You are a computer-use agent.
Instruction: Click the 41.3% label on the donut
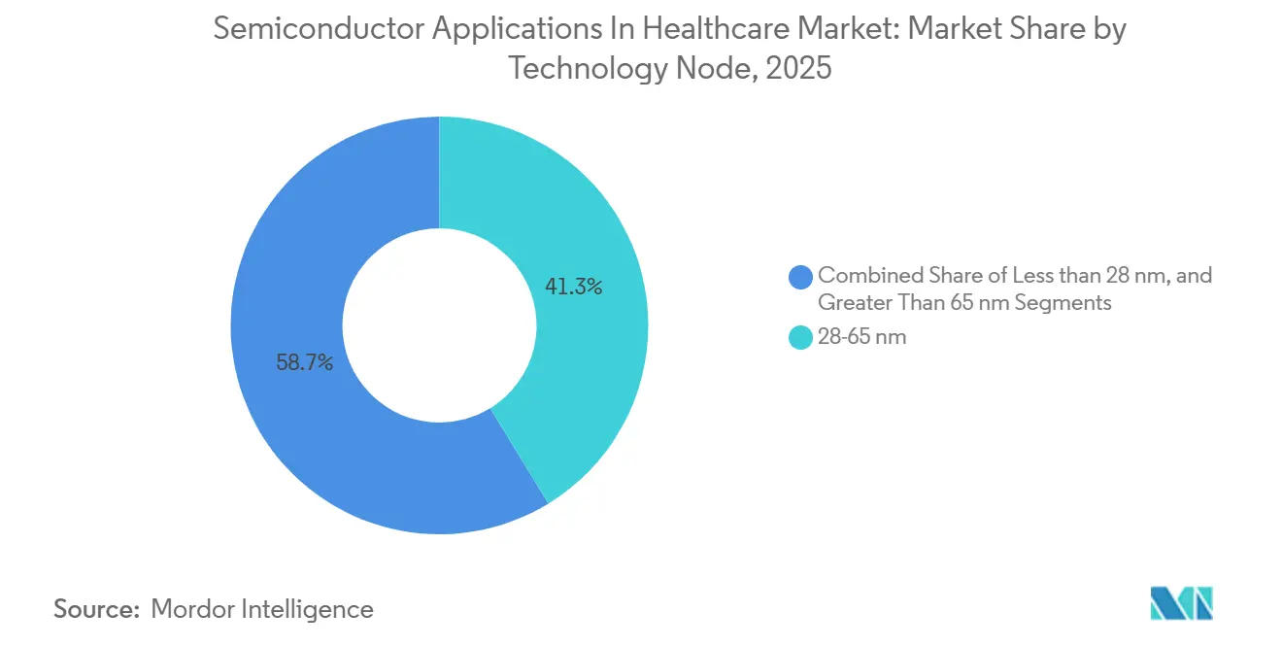(x=573, y=287)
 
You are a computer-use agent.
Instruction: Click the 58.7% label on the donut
(x=305, y=363)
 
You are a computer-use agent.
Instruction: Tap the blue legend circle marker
(x=801, y=276)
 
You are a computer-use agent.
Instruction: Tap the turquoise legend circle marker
(x=801, y=338)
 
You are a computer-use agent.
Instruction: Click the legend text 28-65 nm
(x=862, y=338)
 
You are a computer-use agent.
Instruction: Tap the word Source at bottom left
(x=94, y=609)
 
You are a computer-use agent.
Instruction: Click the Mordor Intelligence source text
(x=262, y=609)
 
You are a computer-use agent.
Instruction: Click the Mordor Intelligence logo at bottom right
(x=1182, y=603)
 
